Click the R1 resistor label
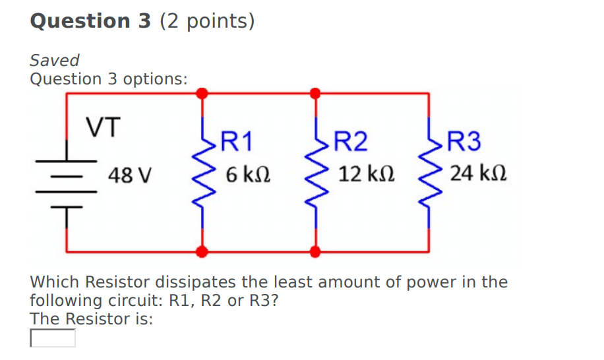click(x=236, y=141)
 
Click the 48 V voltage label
click(x=131, y=175)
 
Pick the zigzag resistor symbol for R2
click(x=316, y=175)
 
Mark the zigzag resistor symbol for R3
click(x=429, y=175)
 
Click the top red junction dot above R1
click(x=203, y=93)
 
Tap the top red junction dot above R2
click(x=316, y=93)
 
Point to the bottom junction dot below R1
click(x=203, y=251)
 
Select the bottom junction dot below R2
click(x=316, y=251)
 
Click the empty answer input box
click(x=53, y=338)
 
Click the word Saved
click(x=55, y=61)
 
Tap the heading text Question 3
click(x=81, y=21)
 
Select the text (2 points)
click(x=206, y=21)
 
